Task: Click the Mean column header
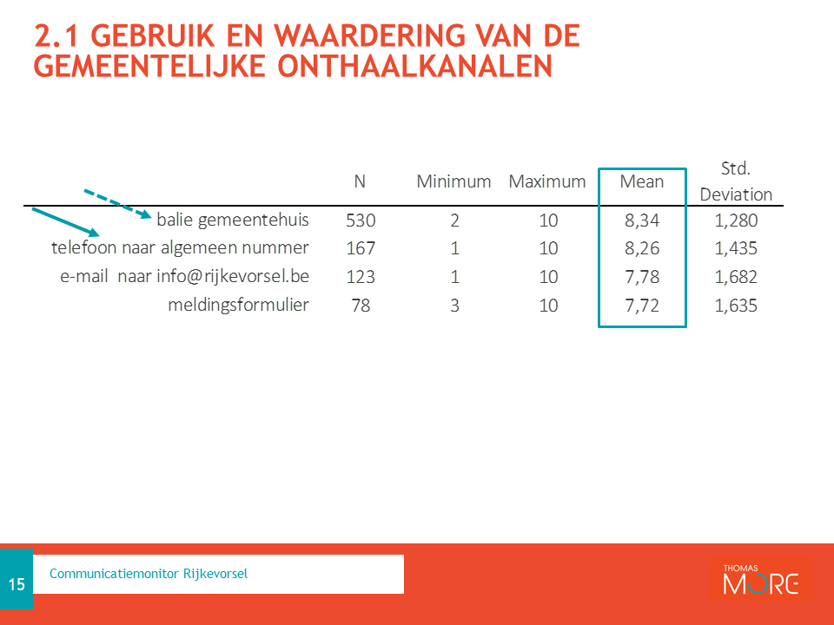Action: [x=641, y=181]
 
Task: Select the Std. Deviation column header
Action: [x=736, y=181]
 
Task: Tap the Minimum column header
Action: [x=453, y=181]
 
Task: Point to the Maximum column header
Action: [x=547, y=181]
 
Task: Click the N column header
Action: [x=360, y=181]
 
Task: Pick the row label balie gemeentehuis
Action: [x=233, y=220]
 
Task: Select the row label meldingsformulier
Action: [x=238, y=305]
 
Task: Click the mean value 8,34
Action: [x=642, y=220]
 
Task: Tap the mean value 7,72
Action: [x=642, y=306]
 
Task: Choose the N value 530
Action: [x=361, y=220]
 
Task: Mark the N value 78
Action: [x=361, y=306]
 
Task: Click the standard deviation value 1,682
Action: [x=736, y=277]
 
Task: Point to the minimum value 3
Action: [x=454, y=306]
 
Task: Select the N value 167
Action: [x=361, y=248]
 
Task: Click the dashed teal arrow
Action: [x=118, y=203]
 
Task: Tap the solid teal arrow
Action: [x=66, y=222]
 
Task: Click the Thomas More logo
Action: [x=761, y=579]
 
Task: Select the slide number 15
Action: [x=17, y=584]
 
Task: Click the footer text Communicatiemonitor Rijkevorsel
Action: [x=149, y=574]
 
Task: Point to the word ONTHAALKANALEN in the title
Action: [x=415, y=67]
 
